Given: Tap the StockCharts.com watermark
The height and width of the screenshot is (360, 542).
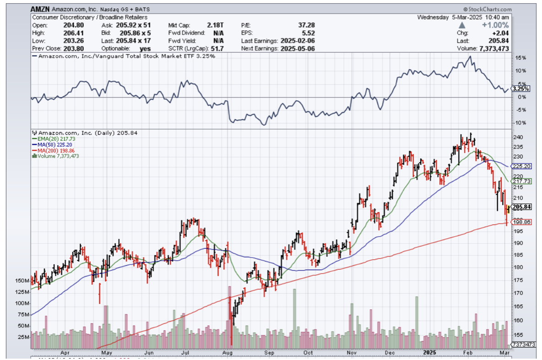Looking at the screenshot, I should pos(487,9).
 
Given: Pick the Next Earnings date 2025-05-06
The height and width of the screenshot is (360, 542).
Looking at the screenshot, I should pos(298,49).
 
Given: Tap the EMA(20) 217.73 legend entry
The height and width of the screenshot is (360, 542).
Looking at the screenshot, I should pos(51,139).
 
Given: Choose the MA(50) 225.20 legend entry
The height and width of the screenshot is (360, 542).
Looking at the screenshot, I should pos(51,145).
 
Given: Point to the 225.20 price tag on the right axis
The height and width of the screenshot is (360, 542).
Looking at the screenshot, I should pos(521,166).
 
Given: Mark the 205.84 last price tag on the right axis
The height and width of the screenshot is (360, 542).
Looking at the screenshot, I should pos(521,207).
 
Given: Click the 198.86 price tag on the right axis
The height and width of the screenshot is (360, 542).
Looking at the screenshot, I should pos(521,222).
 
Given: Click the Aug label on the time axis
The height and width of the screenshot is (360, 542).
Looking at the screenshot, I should pos(228,353).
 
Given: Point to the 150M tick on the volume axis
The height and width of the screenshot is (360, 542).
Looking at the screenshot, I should pos(22,280).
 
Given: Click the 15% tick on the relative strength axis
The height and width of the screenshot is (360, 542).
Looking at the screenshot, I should pos(519,58).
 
